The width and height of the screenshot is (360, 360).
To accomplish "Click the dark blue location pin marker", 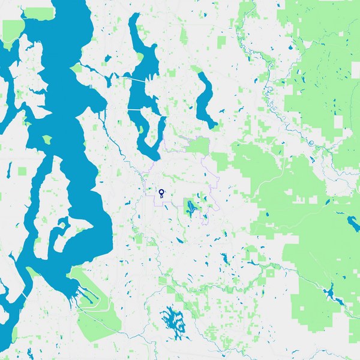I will click(x=161, y=193).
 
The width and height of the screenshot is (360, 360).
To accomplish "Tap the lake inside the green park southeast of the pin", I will click(x=191, y=209).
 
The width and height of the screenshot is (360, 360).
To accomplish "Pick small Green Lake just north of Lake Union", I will click(x=107, y=59).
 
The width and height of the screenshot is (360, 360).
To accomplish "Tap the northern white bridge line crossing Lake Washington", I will click(x=135, y=78).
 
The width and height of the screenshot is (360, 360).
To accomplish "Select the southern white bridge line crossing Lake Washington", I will click(x=144, y=111).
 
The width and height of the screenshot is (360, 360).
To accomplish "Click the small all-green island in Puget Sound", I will click(x=47, y=140).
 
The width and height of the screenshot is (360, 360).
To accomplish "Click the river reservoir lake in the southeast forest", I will click(x=330, y=294).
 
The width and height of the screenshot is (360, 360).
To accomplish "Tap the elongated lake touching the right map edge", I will click(x=353, y=223).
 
